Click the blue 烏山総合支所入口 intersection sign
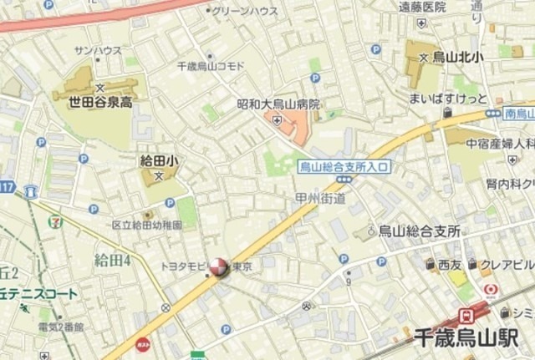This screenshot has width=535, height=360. [344, 167]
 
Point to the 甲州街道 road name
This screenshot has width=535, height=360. [320, 197]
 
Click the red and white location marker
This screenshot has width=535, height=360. [217, 267]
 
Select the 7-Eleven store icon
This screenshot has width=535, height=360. [55, 223]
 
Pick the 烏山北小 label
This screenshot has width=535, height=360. [456, 58]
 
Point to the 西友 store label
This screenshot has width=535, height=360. [450, 265]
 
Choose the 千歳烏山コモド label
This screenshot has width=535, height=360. [211, 66]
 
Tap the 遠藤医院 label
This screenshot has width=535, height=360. [425, 7]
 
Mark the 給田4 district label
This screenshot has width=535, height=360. [113, 259]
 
